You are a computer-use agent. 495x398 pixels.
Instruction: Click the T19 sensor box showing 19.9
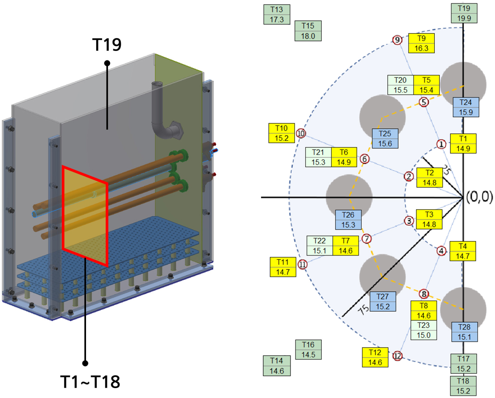pos(464,13)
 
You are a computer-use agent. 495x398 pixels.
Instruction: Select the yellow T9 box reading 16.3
pos(421,43)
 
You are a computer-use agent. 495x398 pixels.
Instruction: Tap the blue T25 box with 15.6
pos(385,139)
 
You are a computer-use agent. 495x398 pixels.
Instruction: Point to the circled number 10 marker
pos(301,133)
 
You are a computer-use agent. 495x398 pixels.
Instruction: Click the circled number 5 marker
pos(424,102)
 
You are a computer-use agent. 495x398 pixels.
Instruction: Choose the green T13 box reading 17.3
pos(277,14)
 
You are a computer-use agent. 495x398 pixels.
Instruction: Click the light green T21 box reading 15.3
pos(318,157)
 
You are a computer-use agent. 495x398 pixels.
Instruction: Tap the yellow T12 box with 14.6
pos(375,357)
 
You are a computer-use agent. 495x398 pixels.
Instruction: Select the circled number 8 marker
pos(424,294)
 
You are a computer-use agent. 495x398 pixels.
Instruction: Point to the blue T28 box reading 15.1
pos(464,332)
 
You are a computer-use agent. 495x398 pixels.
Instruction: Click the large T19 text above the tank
pos(107,44)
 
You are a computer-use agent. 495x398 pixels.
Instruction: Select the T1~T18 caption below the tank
pos(90,382)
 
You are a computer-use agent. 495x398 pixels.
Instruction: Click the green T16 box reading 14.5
pos(308,350)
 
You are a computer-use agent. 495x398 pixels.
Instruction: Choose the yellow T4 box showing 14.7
pos(462,251)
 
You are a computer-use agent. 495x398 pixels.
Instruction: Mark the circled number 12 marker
pos(397,356)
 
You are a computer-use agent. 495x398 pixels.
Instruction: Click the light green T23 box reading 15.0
pos(424,330)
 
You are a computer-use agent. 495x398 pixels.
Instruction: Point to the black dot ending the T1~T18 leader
pos(85,363)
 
